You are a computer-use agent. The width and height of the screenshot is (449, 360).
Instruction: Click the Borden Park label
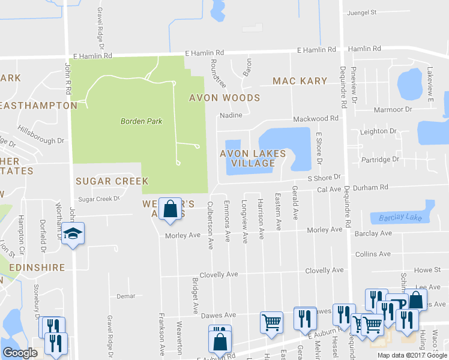[142, 121]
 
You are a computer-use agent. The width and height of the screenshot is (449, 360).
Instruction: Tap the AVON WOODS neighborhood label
[224, 98]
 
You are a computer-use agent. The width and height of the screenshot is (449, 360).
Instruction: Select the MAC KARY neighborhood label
[300, 81]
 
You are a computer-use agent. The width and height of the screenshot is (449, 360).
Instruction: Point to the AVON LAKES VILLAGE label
[253, 158]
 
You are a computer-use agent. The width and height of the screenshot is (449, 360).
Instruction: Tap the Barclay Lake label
[397, 218]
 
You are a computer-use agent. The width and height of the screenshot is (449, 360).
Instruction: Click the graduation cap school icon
[73, 233]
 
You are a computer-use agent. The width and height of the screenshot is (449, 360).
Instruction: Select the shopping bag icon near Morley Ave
[170, 209]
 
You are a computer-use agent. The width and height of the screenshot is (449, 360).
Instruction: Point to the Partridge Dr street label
[380, 159]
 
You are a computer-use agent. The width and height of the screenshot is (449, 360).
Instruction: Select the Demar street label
[126, 296]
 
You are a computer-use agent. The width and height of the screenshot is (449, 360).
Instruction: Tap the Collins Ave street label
[373, 254]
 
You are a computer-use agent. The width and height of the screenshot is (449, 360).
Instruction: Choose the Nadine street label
[231, 115]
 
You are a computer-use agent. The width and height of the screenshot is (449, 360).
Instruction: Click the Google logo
[20, 353]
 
